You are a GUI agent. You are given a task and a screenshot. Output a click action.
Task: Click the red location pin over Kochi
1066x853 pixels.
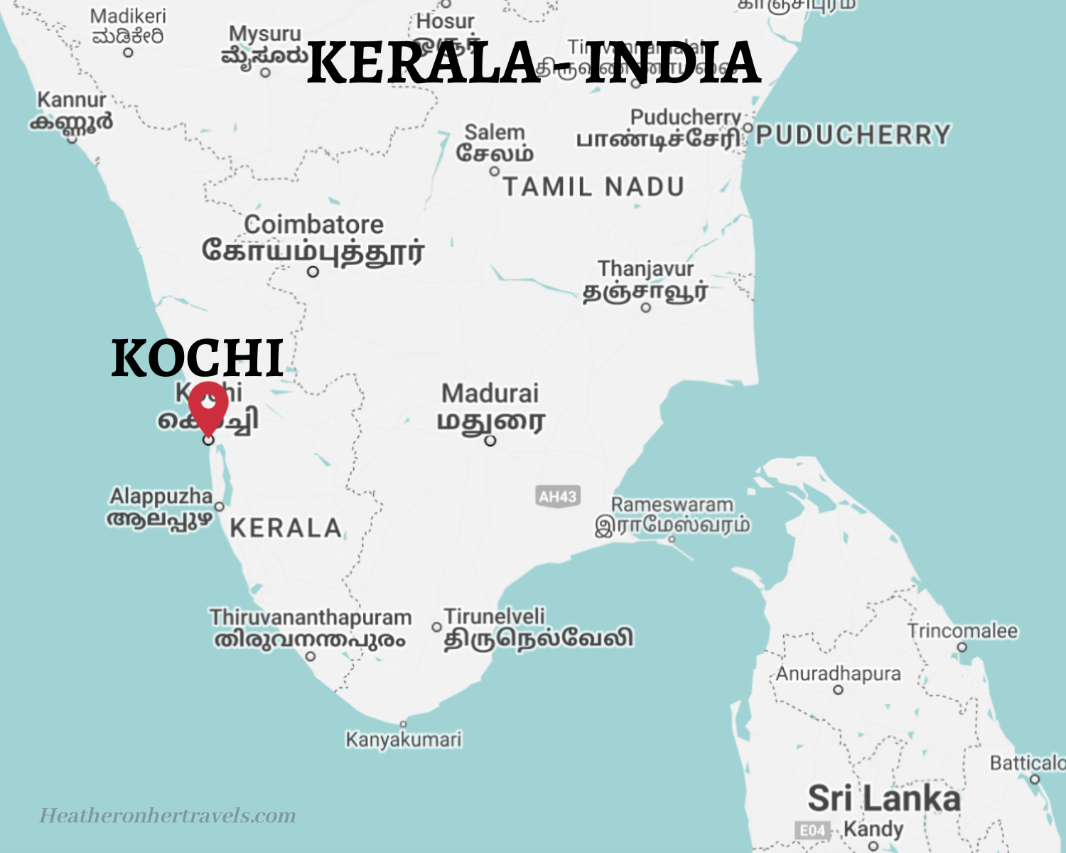(208, 405)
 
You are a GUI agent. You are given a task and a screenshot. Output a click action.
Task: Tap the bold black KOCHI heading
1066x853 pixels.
(198, 358)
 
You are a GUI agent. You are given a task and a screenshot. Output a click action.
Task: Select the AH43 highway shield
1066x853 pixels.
(557, 496)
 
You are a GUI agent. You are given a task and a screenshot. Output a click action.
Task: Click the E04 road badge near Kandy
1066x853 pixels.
(812, 830)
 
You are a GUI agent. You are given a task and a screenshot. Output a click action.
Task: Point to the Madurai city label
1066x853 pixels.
(490, 394)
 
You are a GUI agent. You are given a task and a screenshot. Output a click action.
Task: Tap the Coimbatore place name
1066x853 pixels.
(313, 225)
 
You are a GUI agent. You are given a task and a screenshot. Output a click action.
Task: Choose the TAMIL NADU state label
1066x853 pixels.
(593, 187)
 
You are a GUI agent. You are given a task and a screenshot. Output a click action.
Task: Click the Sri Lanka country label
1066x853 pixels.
(883, 798)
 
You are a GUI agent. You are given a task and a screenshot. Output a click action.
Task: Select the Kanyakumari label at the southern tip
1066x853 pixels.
(403, 740)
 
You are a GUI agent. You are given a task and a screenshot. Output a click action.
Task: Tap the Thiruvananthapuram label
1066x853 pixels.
(311, 617)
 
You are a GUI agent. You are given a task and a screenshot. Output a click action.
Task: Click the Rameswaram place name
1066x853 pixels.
(672, 505)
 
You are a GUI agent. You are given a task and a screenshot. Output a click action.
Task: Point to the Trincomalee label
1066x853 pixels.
(962, 631)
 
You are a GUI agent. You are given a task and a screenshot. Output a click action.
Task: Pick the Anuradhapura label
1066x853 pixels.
(838, 673)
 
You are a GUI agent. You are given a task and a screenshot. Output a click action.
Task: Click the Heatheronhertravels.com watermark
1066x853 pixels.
(168, 815)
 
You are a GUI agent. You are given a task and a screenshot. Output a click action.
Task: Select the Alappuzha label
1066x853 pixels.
(161, 496)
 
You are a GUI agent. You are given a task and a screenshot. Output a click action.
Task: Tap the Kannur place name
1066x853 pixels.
(72, 100)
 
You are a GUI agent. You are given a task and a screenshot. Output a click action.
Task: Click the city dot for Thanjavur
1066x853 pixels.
(645, 308)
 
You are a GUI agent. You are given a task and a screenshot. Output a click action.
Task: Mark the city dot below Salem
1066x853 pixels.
(495, 171)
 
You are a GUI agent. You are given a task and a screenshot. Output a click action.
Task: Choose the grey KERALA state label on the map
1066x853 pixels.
(286, 528)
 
